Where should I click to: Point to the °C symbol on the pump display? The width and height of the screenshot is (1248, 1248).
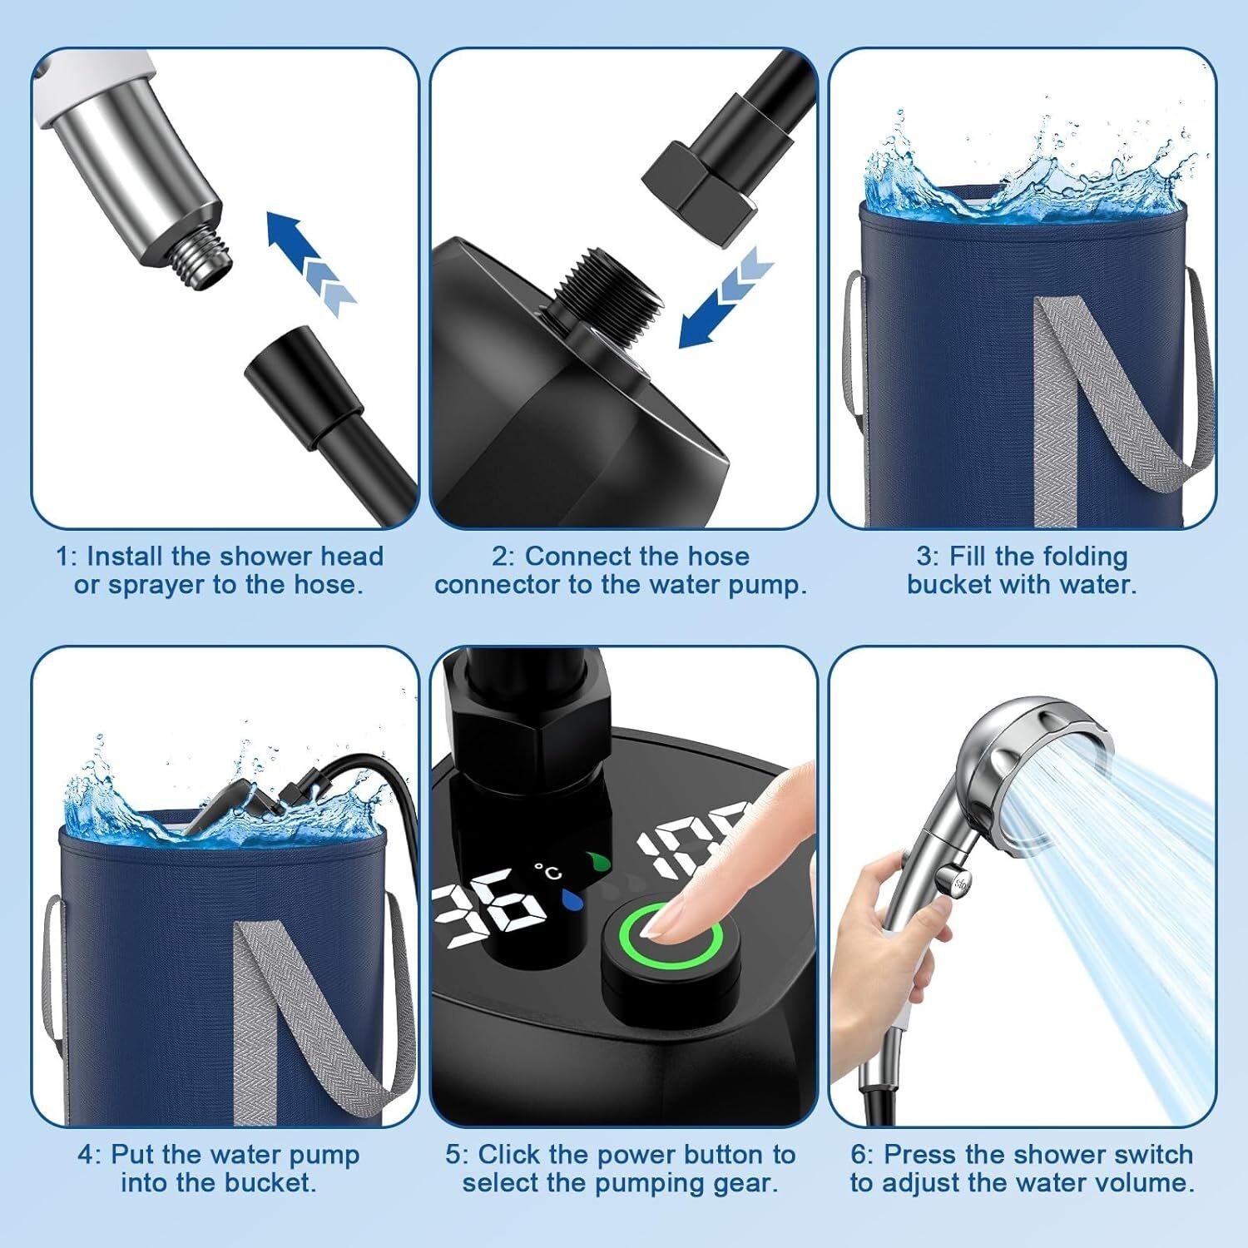548,871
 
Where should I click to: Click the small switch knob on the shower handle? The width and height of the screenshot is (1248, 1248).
948,879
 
